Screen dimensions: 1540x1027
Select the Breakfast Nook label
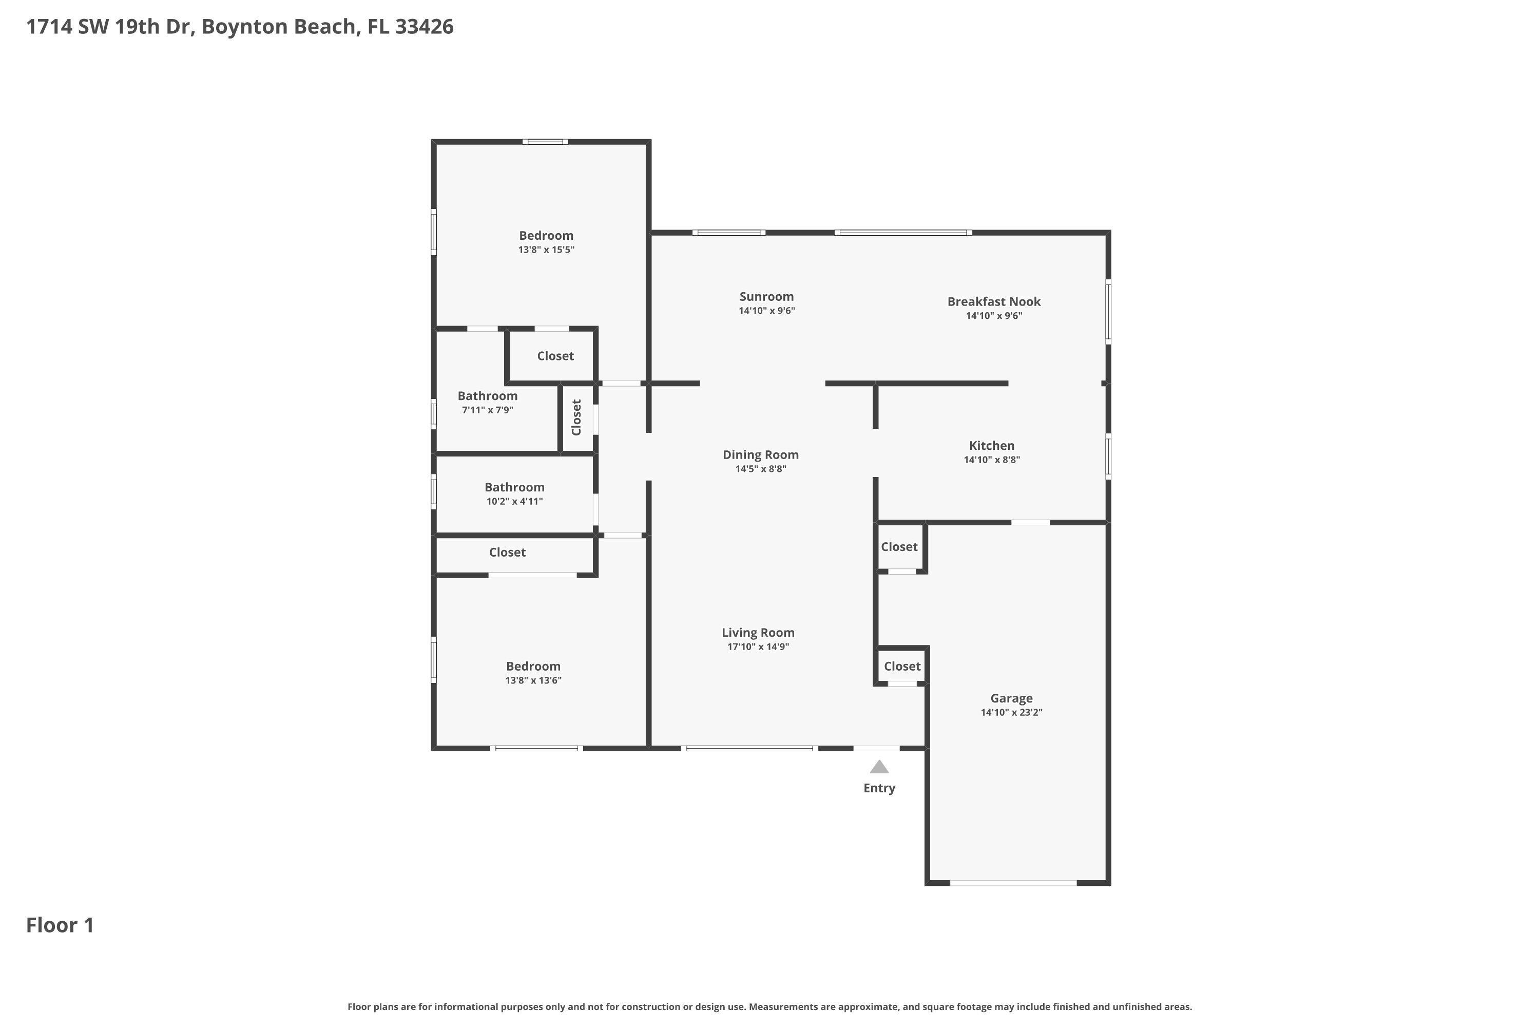(993, 301)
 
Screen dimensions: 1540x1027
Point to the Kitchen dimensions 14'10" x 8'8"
(991, 460)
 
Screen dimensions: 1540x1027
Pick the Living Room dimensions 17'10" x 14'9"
(758, 647)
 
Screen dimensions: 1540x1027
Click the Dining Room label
(760, 454)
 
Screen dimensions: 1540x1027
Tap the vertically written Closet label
(576, 417)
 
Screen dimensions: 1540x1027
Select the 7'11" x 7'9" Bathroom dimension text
(487, 410)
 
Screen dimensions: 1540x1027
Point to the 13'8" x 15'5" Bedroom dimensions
(546, 250)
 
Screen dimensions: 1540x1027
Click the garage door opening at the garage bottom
(1013, 883)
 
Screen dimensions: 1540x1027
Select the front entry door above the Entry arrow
(876, 748)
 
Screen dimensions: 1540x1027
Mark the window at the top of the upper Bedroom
(545, 142)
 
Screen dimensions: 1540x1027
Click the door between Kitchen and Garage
(1031, 522)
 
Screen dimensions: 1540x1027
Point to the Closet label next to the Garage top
(899, 546)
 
